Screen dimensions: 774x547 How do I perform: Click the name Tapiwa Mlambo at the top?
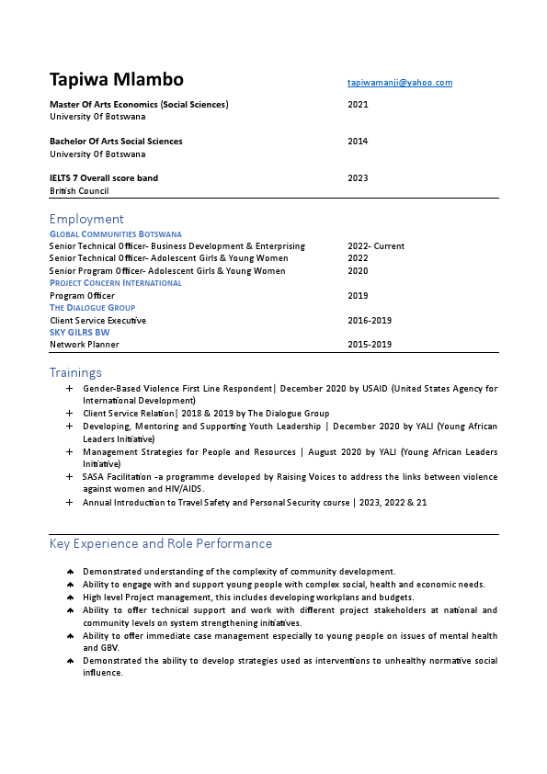tap(116, 79)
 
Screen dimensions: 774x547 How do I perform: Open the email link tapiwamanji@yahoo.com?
tap(399, 83)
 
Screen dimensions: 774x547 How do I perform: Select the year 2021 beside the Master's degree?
tap(358, 105)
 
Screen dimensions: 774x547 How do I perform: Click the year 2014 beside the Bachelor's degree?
tap(358, 142)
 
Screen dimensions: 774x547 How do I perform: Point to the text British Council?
tap(79, 191)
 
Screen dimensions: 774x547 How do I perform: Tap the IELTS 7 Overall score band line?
tap(103, 178)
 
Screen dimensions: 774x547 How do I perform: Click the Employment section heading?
tap(86, 219)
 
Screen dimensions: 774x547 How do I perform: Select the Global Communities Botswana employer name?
tap(115, 234)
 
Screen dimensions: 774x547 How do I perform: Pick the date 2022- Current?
tap(375, 246)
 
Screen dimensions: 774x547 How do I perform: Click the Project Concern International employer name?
tap(115, 283)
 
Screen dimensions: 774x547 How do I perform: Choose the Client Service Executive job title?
tap(97, 321)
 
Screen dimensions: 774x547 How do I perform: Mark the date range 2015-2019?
tap(370, 345)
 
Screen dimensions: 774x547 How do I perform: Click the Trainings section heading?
tap(75, 372)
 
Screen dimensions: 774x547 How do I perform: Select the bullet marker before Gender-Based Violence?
tap(70, 390)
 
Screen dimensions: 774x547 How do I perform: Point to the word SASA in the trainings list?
tap(92, 477)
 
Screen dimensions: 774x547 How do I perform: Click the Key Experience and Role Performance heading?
tap(160, 543)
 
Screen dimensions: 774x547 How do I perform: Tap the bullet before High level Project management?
tap(70, 598)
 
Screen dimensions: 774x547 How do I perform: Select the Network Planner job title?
tap(84, 345)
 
